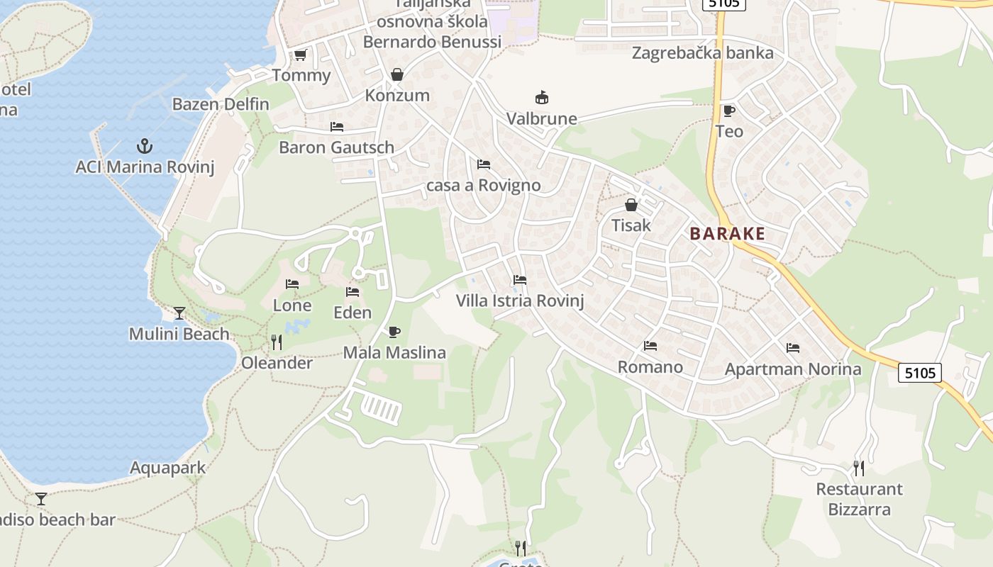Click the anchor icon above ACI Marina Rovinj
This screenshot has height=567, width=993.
(x=145, y=146)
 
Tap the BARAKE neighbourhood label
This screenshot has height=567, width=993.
(x=727, y=234)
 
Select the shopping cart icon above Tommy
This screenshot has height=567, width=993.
(x=300, y=55)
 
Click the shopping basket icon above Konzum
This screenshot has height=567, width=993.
(x=396, y=74)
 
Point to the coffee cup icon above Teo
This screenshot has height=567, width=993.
(x=728, y=111)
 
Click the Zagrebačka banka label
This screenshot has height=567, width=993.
(x=702, y=53)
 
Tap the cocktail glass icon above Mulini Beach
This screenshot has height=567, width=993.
(x=179, y=313)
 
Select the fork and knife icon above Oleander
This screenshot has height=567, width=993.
(x=277, y=342)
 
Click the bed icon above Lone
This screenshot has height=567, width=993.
(x=292, y=284)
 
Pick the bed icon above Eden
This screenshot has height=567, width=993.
(x=353, y=291)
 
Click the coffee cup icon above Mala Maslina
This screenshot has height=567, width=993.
(x=394, y=332)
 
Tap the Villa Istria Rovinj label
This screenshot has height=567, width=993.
(x=519, y=301)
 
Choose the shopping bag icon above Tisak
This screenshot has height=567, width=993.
(x=631, y=205)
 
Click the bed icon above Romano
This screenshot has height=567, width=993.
(x=650, y=346)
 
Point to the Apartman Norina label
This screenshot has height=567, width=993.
(x=792, y=369)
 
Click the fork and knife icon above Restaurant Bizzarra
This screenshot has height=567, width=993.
(x=858, y=468)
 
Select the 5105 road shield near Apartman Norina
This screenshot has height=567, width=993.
(x=919, y=373)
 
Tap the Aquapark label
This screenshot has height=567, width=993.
(x=167, y=468)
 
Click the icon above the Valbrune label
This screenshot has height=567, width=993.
(x=542, y=98)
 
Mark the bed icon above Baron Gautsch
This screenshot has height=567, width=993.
(x=337, y=127)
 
